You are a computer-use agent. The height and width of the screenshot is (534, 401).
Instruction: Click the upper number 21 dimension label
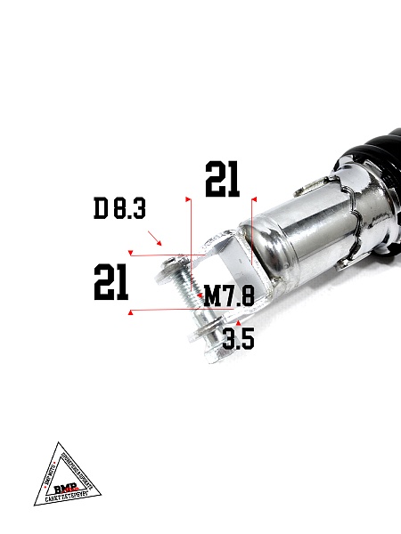pos(222,179)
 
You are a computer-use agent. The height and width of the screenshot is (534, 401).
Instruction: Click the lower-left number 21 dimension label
pos(111,283)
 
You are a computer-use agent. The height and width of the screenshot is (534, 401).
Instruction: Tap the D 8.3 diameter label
pos(119,210)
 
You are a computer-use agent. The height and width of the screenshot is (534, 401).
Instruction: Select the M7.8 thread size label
pos(229,296)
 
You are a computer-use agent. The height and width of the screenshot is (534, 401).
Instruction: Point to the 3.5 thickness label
pos(239,339)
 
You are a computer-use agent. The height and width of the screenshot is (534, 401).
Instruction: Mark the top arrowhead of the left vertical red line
pos(188,192)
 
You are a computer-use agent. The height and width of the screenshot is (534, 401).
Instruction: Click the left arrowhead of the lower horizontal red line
pos(132,311)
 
